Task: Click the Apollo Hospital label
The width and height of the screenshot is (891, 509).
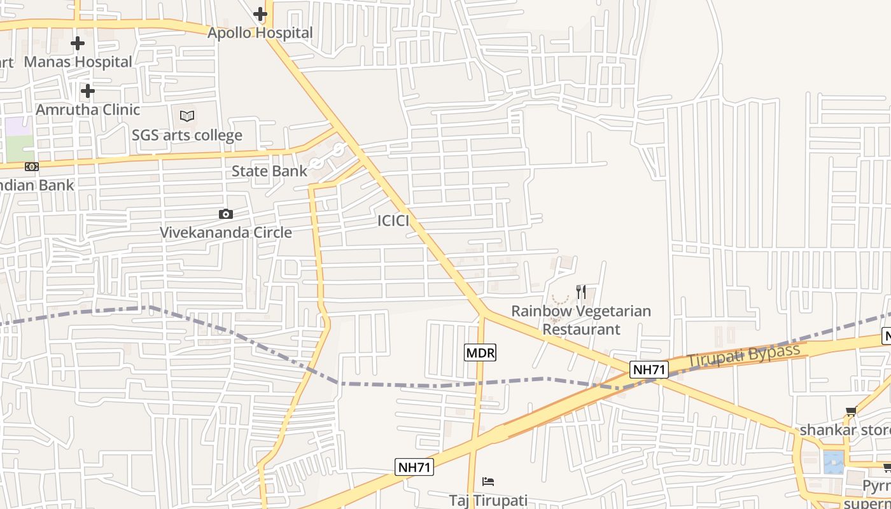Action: (260, 32)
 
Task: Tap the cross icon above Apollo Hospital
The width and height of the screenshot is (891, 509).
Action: (260, 13)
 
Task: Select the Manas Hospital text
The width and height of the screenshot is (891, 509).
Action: (78, 62)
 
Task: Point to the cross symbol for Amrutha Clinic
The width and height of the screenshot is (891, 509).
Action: (88, 91)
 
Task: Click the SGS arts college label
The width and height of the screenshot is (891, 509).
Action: (187, 136)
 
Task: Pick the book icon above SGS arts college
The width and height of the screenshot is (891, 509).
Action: (187, 116)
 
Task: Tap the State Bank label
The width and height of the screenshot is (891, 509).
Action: (269, 171)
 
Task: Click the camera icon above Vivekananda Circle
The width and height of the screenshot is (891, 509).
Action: (225, 214)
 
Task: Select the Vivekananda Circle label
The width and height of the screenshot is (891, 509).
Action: (225, 232)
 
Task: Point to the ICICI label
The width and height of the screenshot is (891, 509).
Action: (393, 221)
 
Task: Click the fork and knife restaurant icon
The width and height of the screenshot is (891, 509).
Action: (580, 292)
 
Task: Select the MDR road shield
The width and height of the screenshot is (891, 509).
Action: (480, 352)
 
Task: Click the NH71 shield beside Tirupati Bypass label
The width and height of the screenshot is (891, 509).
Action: (649, 369)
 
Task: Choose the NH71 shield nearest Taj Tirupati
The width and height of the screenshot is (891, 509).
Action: (414, 467)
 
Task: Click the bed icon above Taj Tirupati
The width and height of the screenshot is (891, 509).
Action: (488, 481)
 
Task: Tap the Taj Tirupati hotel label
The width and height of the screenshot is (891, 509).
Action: (488, 500)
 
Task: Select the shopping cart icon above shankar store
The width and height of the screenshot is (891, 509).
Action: (851, 412)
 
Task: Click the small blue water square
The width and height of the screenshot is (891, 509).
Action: (833, 461)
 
